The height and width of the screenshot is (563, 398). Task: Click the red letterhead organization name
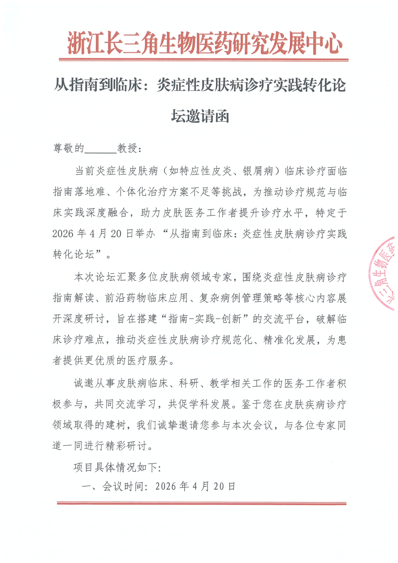(205, 43)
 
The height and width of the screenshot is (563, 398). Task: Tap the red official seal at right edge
(384, 273)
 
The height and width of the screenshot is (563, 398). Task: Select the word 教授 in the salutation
(127, 148)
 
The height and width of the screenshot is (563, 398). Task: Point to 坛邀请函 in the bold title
(200, 116)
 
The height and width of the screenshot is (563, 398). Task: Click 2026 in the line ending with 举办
(63, 234)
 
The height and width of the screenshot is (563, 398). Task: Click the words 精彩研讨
(126, 446)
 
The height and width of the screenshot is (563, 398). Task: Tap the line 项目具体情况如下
(117, 467)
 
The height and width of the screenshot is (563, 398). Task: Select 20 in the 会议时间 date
(219, 486)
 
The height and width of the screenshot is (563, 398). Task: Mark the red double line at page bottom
(202, 503)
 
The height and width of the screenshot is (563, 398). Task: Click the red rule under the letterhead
(204, 60)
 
